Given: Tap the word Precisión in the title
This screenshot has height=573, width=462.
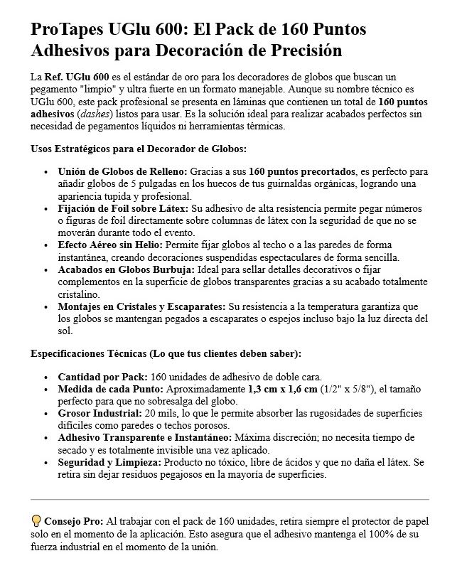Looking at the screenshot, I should pos(303,51).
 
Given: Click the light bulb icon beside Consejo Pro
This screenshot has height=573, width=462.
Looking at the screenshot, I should pos(36,522).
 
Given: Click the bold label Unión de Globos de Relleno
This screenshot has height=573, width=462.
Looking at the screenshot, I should pos(122,172).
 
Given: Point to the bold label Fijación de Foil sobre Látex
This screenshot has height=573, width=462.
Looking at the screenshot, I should pos(123,209).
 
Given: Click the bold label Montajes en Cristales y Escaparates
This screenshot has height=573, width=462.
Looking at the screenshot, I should pos(141,306).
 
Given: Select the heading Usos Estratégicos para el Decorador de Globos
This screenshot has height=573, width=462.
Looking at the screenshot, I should pos(139,149).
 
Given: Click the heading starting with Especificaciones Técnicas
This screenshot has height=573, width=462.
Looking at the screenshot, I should pos(166,353).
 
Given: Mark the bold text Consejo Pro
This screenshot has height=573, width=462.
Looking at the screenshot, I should pos(73,522).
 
